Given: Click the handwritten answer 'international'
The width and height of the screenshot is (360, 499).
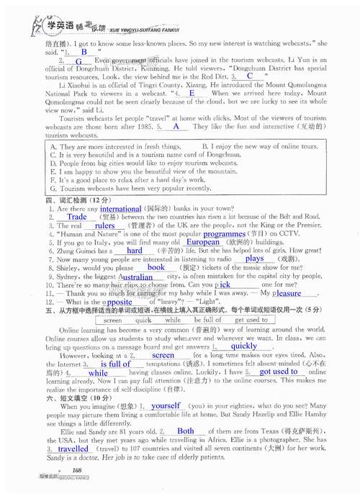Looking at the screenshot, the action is (x=121, y=208).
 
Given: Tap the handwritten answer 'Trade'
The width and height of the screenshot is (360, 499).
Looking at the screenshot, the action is (x=77, y=217).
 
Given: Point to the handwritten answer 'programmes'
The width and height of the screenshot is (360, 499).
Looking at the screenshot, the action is (x=225, y=234).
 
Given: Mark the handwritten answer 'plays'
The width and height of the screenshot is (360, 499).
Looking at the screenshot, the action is (x=254, y=259).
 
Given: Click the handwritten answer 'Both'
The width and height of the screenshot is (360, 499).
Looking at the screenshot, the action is (x=186, y=431).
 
